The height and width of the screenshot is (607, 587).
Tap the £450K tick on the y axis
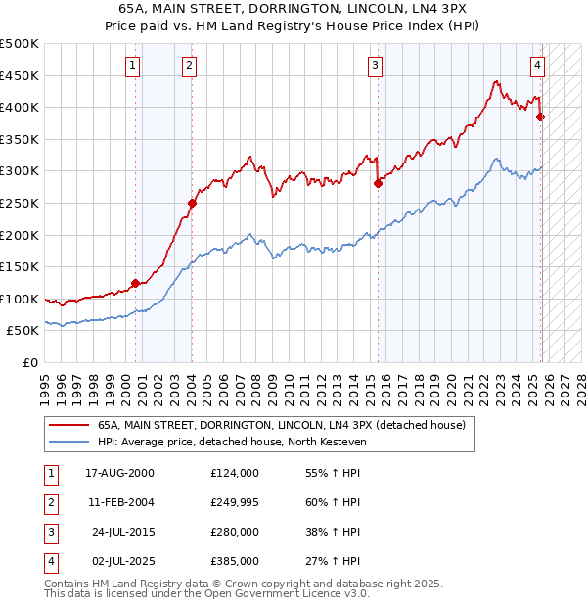pos(20,75)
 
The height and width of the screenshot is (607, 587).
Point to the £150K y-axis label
pos(20,266)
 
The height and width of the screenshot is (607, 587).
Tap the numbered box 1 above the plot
pos(132,66)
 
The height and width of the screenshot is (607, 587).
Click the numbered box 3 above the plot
pos(375,66)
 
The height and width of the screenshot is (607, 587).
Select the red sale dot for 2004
pos(192,204)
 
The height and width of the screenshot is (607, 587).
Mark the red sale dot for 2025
pos(540,117)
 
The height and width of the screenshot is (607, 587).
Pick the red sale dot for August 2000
pos(135,284)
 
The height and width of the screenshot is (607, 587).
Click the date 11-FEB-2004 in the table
pos(119,502)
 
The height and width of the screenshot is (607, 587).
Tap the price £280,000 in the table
pos(234,532)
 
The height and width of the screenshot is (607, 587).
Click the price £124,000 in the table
pos(234,473)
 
